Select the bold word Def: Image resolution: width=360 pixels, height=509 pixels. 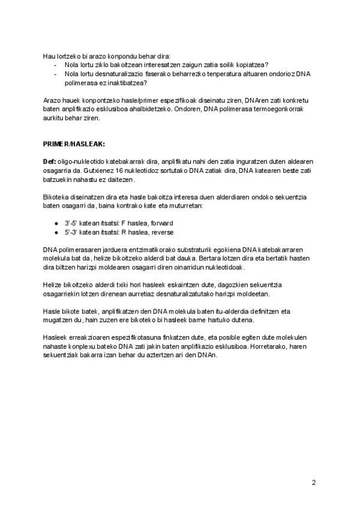49,162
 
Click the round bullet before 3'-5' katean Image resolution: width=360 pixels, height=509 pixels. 56,223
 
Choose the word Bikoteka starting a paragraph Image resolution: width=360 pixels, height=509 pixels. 56,197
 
